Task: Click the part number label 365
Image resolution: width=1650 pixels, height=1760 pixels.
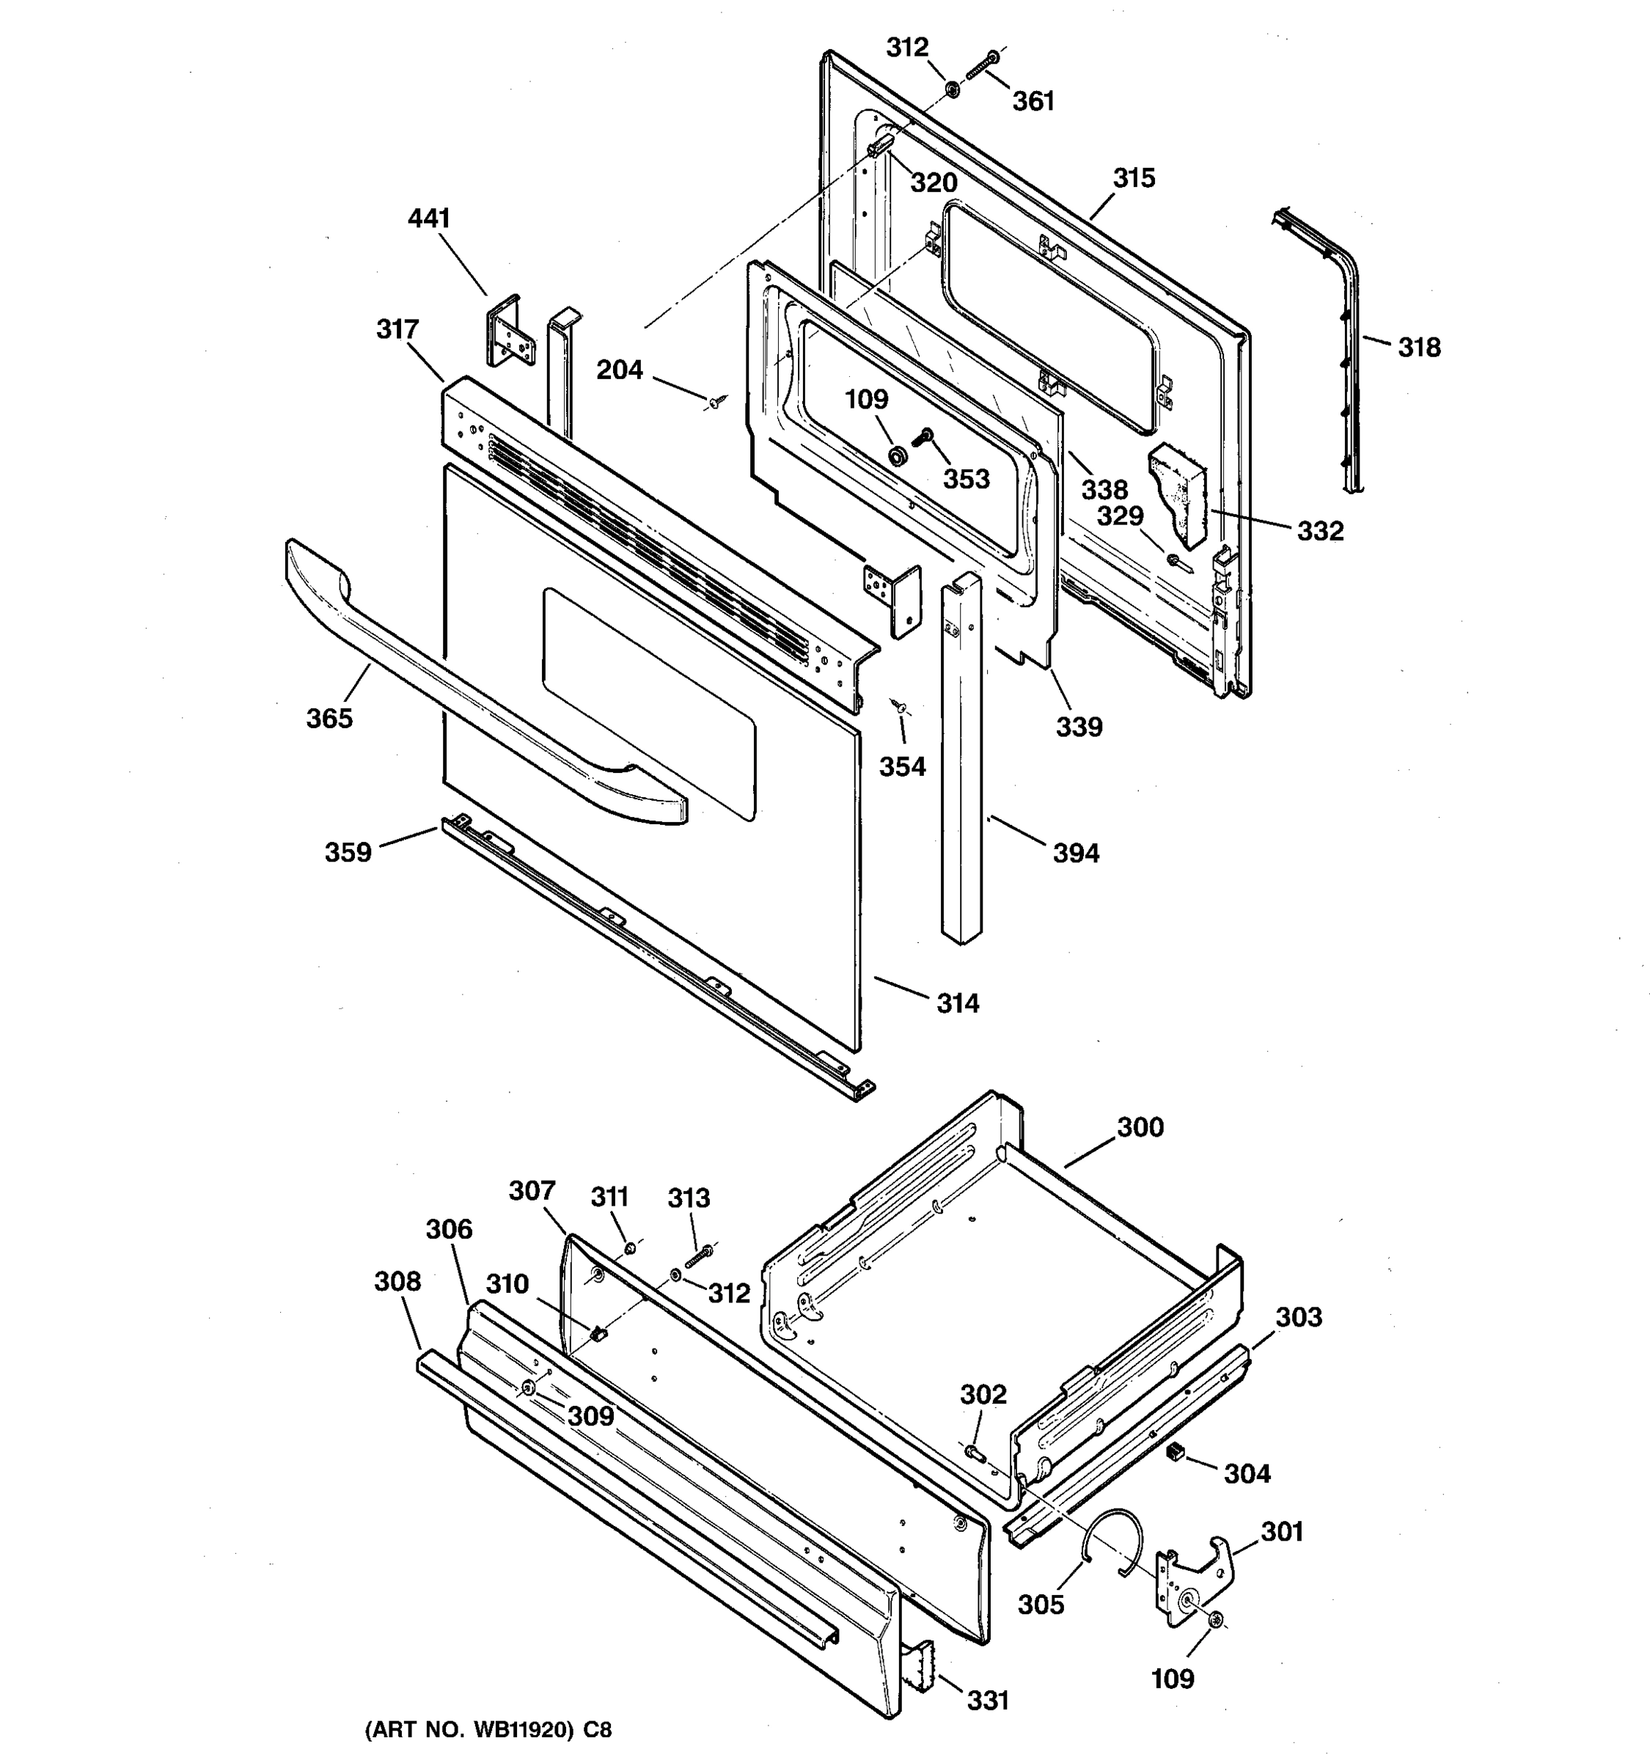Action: click(x=329, y=718)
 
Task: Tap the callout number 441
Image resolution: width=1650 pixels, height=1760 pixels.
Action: click(x=428, y=218)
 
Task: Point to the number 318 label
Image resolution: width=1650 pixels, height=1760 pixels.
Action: click(x=1419, y=347)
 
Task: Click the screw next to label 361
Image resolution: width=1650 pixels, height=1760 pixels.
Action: click(x=980, y=67)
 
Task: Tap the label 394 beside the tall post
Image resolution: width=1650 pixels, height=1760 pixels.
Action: click(x=1076, y=854)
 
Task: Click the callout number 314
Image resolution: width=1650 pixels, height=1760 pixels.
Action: click(x=958, y=1003)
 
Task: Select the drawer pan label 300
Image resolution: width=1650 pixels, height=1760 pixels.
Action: click(x=1140, y=1127)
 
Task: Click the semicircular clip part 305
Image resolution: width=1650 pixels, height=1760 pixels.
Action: click(x=1112, y=1541)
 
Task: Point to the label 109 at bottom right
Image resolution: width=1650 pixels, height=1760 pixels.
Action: click(x=1172, y=1678)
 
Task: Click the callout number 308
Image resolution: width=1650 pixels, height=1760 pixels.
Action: click(x=397, y=1281)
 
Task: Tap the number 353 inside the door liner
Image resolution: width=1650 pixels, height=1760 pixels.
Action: click(x=965, y=479)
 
